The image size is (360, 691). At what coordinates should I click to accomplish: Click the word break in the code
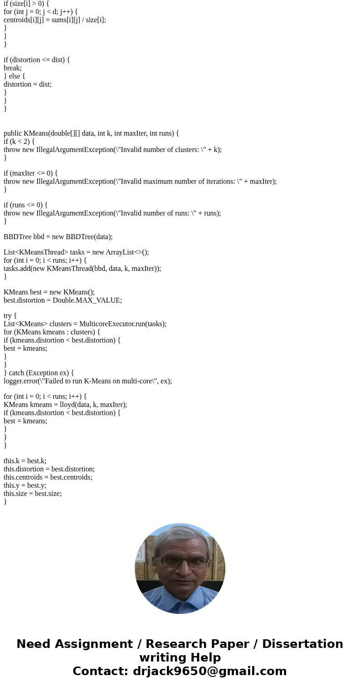pyautogui.click(x=12, y=68)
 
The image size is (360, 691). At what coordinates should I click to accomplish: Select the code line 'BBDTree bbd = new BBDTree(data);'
pyautogui.click(x=58, y=237)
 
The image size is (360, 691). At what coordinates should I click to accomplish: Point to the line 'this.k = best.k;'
pyautogui.click(x=25, y=461)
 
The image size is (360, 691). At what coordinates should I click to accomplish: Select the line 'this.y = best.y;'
pyautogui.click(x=25, y=485)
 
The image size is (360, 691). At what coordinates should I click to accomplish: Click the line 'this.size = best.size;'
pyautogui.click(x=33, y=494)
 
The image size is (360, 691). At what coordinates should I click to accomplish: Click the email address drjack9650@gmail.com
pyautogui.click(x=209, y=671)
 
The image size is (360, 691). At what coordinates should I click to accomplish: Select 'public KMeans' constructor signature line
pyautogui.click(x=91, y=133)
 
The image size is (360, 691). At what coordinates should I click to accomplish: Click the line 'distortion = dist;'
pyautogui.click(x=28, y=84)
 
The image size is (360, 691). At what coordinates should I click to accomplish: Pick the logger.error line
pyautogui.click(x=88, y=381)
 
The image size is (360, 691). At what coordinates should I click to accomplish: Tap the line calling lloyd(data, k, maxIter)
pyautogui.click(x=65, y=405)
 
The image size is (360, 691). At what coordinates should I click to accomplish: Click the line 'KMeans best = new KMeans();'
pyautogui.click(x=49, y=292)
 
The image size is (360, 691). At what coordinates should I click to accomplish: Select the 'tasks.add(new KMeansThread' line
pyautogui.click(x=82, y=269)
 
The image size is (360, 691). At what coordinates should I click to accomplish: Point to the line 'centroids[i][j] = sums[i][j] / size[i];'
pyautogui.click(x=55, y=20)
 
